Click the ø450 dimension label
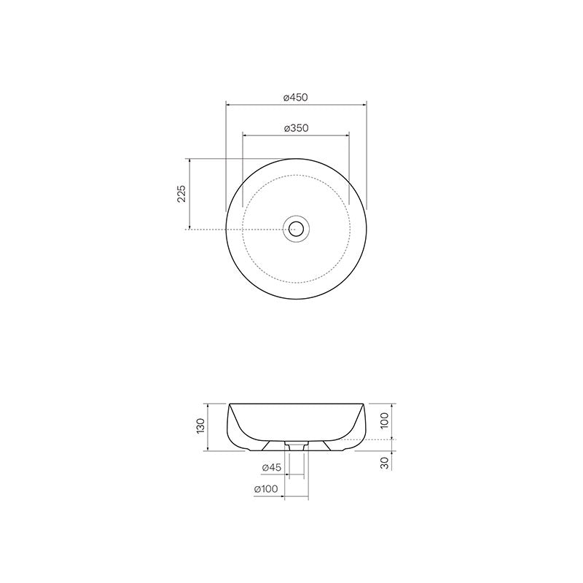coord(296,97)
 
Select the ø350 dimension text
coord(296,128)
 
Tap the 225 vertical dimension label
coord(181,193)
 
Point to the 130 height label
coord(200,426)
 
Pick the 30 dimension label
coord(386,463)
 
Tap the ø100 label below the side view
coord(266,490)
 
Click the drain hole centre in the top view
coord(296,229)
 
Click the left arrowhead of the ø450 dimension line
coord(227,105)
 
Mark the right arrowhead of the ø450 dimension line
coord(366,105)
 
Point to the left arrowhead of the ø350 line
coord(243,136)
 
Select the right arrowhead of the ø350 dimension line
coord(350,136)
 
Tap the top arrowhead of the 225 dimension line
coord(190,159)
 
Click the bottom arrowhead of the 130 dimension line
coord(209,449)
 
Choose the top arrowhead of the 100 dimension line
coord(394,404)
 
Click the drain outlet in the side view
coord(296,445)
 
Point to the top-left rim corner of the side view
coord(229,404)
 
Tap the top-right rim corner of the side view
coord(364,404)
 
